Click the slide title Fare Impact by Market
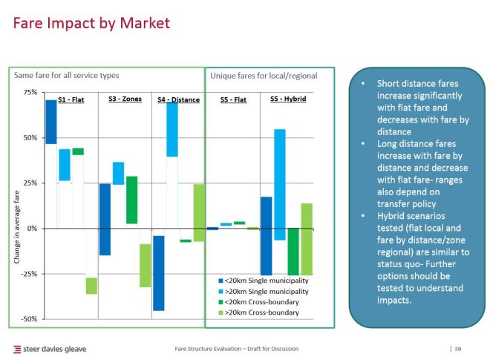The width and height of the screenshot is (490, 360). pyautogui.click(x=92, y=24)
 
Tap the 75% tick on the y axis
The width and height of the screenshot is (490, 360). pyautogui.click(x=30, y=93)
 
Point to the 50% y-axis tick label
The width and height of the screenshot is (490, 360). pyautogui.click(x=30, y=138)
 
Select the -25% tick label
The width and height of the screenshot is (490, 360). pyautogui.click(x=28, y=274)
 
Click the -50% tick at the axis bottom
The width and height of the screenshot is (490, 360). pyautogui.click(x=28, y=319)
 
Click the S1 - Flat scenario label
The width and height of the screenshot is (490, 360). pyautogui.click(x=71, y=100)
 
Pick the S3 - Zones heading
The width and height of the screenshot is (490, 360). pyautogui.click(x=125, y=99)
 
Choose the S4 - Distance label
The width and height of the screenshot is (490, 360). pyautogui.click(x=178, y=100)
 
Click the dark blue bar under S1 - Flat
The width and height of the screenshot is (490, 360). pyautogui.click(x=51, y=122)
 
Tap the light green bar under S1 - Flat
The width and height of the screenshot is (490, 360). pyautogui.click(x=91, y=286)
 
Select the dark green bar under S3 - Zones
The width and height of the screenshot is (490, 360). pyautogui.click(x=131, y=200)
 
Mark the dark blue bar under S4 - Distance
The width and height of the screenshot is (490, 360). pyautogui.click(x=158, y=272)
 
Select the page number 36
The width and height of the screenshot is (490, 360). pyautogui.click(x=458, y=349)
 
